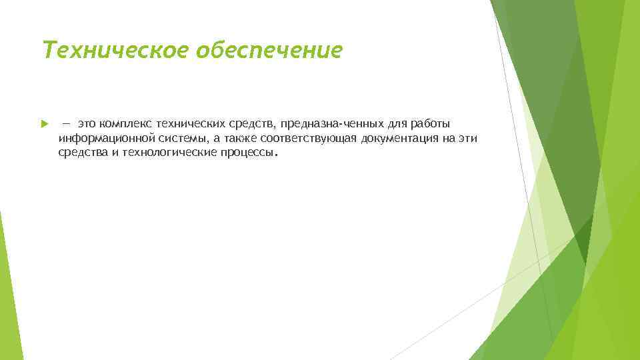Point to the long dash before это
tap(67, 124)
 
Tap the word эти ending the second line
tap(468, 138)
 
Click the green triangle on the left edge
tap(8, 293)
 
